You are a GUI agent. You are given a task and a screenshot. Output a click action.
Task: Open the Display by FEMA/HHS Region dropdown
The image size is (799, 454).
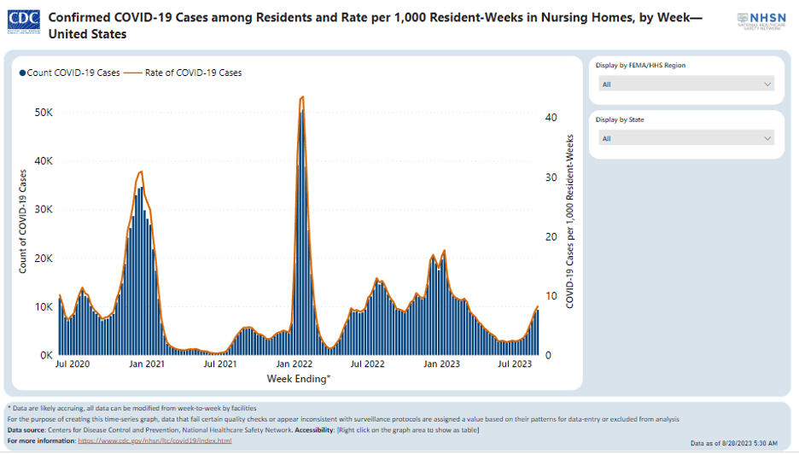point(686,84)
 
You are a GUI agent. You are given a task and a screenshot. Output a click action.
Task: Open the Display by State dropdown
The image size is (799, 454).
point(686,138)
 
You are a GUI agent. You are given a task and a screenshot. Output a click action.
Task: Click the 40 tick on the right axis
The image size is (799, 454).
point(551,118)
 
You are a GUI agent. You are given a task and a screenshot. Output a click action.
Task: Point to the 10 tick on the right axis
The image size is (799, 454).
point(551,296)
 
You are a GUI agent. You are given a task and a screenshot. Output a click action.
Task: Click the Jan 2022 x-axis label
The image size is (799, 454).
point(295,364)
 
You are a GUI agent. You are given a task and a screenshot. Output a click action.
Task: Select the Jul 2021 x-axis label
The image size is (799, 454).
point(220,364)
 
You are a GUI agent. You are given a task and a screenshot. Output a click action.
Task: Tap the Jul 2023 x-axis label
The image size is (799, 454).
point(515,364)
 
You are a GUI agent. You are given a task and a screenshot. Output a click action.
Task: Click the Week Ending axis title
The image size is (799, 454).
point(299,378)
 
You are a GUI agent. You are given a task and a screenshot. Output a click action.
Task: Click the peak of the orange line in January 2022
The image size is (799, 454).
point(302,97)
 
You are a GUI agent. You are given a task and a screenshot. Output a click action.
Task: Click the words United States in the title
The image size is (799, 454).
point(88,34)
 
